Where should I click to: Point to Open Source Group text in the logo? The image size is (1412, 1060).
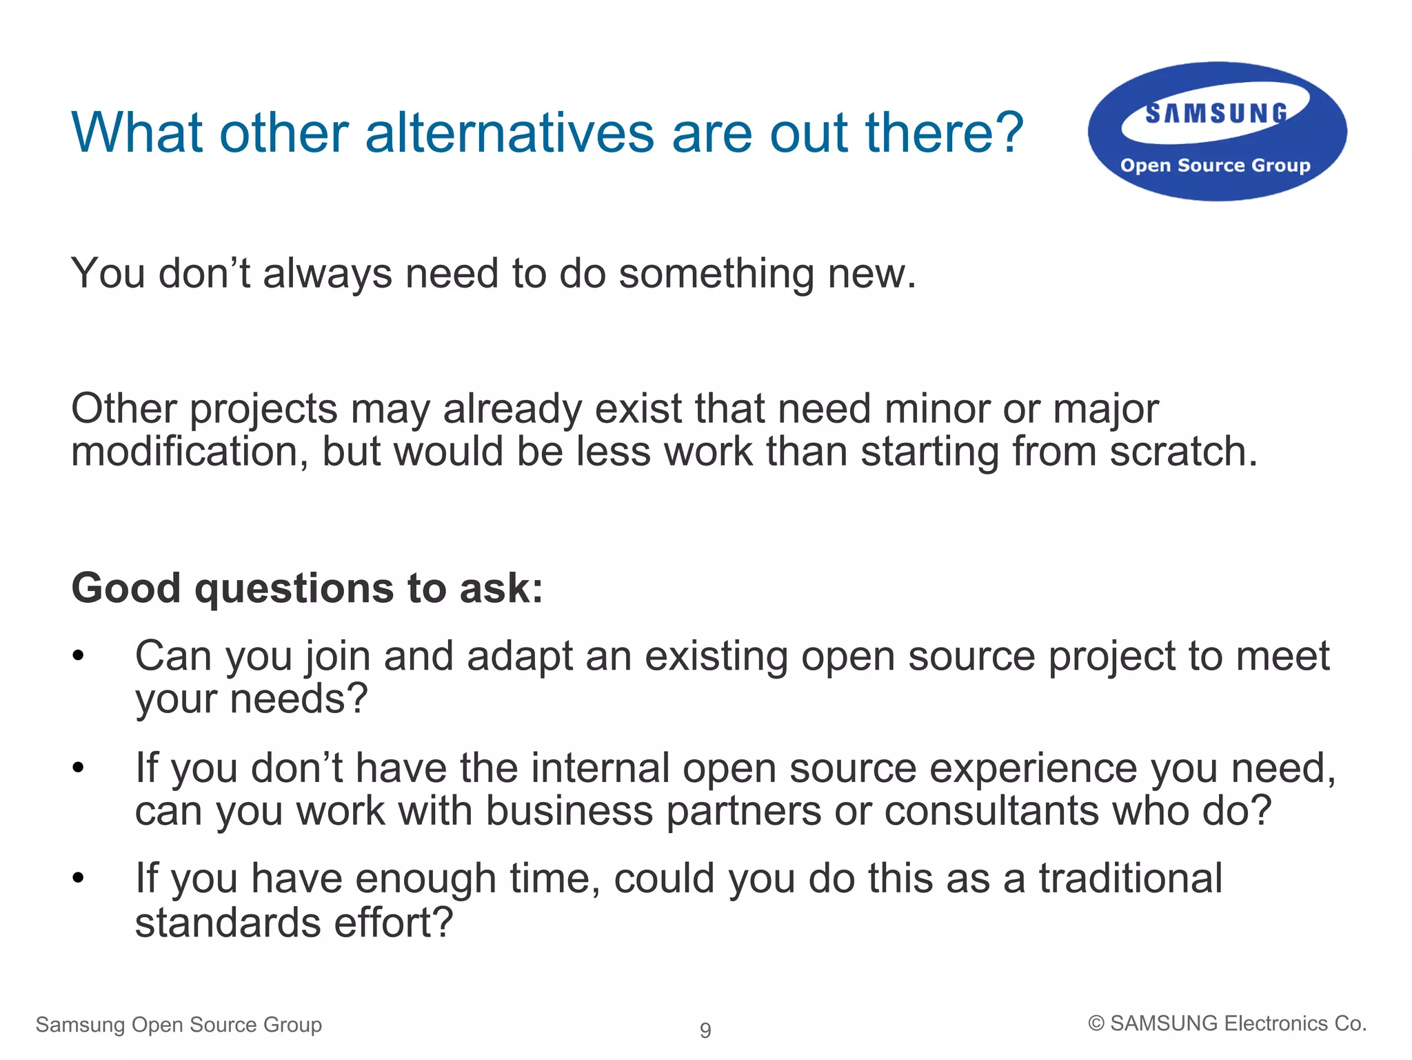(1215, 166)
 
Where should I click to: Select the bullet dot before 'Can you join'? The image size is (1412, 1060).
(79, 655)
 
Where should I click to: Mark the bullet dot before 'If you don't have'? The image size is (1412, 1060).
(79, 768)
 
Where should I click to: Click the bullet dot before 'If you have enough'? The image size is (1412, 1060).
(79, 878)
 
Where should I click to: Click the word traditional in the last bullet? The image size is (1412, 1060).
(1131, 879)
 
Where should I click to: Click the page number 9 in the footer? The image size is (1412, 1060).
(705, 1030)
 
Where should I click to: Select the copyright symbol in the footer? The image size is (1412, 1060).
(1096, 1024)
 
